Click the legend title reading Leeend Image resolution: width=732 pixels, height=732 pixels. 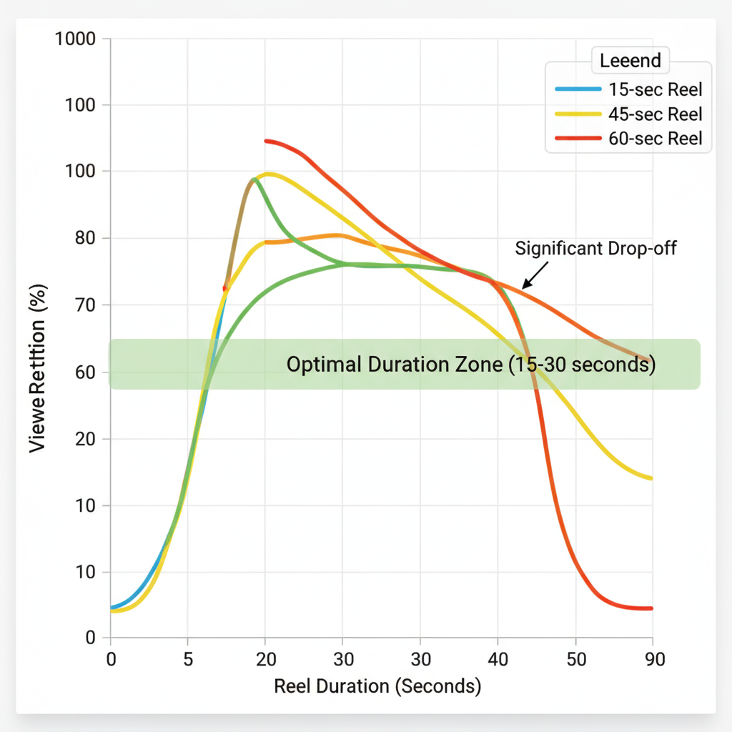tap(630, 61)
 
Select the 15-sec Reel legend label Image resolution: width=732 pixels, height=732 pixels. tap(656, 90)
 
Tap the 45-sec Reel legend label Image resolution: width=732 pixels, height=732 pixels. tap(656, 114)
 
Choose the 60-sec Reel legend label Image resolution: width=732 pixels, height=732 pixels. tap(656, 139)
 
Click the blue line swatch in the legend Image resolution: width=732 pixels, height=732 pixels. tap(578, 90)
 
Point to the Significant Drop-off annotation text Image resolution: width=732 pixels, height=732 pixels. tap(595, 249)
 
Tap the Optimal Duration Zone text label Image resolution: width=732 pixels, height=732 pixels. tap(470, 365)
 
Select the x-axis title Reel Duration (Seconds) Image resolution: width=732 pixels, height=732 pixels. tap(377, 687)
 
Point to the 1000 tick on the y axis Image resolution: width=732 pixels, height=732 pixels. tap(74, 39)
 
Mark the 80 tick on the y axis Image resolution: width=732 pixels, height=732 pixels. tap(84, 238)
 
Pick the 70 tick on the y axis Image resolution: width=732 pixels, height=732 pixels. tap(84, 305)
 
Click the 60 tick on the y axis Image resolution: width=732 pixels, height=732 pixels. tap(84, 372)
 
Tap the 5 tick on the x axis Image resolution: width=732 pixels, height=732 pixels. tap(187, 659)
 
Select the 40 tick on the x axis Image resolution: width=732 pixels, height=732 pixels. tap(498, 659)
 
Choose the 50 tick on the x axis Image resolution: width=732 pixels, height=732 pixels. tap(575, 659)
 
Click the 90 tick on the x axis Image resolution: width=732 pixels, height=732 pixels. tap(652, 659)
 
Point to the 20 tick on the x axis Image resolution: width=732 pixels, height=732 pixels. tap(265, 659)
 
